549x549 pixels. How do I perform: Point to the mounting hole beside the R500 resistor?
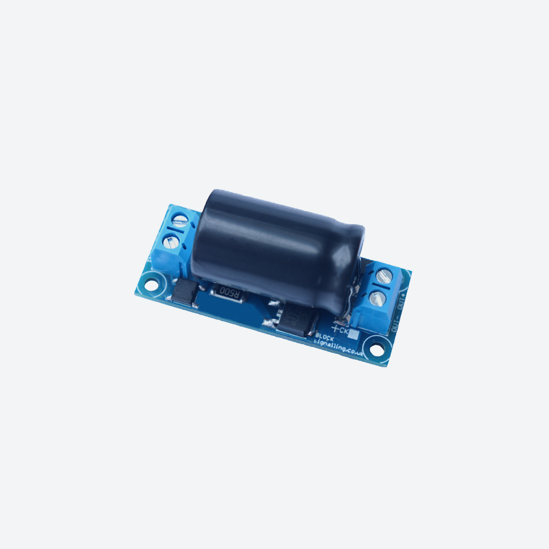[152, 285]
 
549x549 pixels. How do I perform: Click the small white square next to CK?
[354, 335]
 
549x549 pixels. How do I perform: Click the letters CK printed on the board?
[345, 331]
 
